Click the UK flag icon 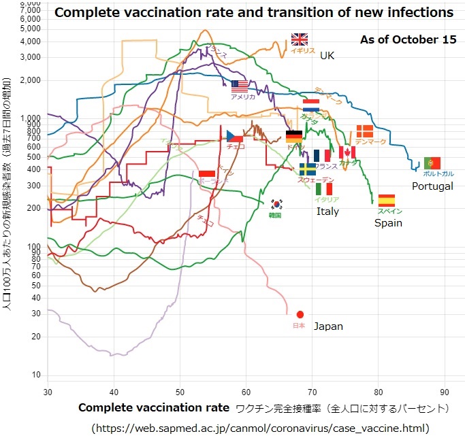[300, 39]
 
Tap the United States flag [240, 86]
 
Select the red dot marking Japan [300, 314]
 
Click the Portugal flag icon [432, 163]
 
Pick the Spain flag [387, 200]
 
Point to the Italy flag [324, 188]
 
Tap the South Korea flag [277, 204]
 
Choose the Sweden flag [307, 169]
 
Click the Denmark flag [364, 131]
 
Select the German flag [294, 136]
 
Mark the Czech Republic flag [235, 136]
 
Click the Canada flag [347, 152]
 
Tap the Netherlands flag [311, 105]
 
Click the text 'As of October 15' [408, 39]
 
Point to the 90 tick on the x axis [445, 392]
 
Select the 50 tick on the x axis [180, 392]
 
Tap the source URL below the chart [261, 428]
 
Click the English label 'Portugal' [432, 186]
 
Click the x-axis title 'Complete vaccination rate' [154, 408]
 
